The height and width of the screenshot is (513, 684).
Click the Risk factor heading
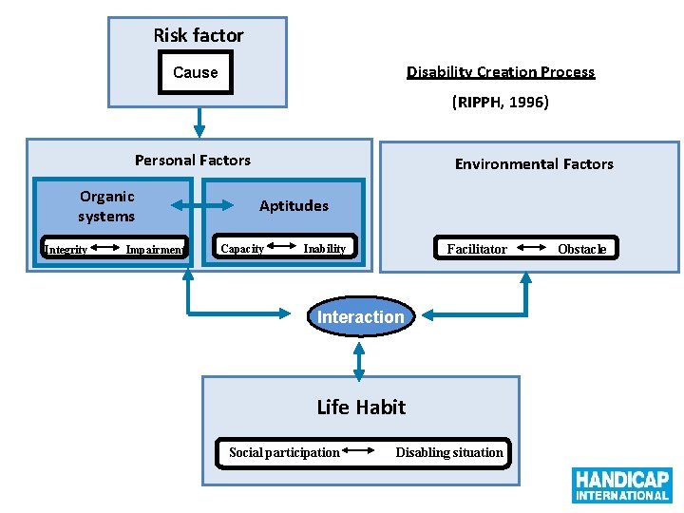click(x=199, y=35)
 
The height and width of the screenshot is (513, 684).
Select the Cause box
click(x=195, y=72)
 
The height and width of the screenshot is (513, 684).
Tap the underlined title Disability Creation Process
click(x=501, y=72)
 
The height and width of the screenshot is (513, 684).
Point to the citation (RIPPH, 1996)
click(x=500, y=102)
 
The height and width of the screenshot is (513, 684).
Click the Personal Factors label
click(x=193, y=161)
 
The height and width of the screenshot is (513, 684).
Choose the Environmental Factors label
click(x=534, y=164)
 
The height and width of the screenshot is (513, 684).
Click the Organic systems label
click(x=106, y=206)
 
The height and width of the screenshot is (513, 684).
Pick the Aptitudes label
click(x=294, y=206)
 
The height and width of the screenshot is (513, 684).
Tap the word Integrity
click(x=66, y=250)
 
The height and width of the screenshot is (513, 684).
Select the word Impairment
click(x=155, y=250)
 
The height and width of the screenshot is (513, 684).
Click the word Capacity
click(x=242, y=249)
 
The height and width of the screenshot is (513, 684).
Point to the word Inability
click(x=324, y=249)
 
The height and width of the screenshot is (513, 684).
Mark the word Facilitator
click(x=477, y=249)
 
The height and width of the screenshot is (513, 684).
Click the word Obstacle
click(x=581, y=249)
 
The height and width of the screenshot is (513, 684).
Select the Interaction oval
click(x=360, y=317)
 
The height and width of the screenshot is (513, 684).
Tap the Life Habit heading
click(x=361, y=408)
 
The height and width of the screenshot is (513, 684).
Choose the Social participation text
click(x=284, y=452)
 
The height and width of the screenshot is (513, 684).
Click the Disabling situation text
click(x=449, y=452)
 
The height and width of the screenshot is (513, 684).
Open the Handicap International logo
click(x=622, y=484)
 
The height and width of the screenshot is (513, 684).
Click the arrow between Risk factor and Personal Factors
click(x=199, y=122)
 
